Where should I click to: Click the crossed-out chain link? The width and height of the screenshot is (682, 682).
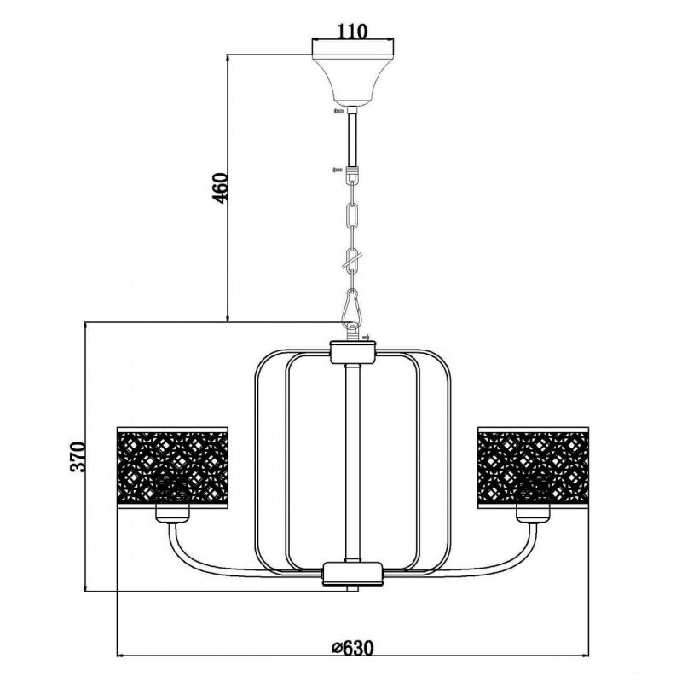353,260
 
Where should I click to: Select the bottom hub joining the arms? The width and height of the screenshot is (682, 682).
353,573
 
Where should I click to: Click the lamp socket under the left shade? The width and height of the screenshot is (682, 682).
172,514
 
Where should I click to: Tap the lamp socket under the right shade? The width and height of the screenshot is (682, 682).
532,514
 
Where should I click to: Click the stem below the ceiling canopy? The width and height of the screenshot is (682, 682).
353,136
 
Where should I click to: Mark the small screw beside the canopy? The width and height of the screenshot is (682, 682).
338,111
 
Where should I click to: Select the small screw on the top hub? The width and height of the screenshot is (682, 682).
367,338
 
